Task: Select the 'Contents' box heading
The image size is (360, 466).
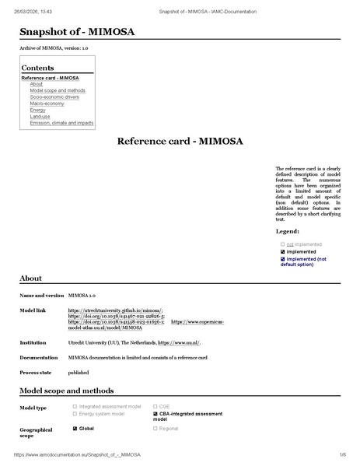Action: tap(37, 68)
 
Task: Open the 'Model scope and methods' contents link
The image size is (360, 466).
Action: tap(58, 90)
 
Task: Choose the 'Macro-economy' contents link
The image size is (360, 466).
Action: tap(46, 103)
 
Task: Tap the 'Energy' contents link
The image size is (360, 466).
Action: tap(37, 110)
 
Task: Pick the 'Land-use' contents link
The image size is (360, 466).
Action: tap(40, 116)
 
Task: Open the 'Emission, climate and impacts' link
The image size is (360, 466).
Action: tap(61, 123)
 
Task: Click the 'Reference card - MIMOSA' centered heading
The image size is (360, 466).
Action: tap(180, 142)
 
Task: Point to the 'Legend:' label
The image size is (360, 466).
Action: tap(288, 232)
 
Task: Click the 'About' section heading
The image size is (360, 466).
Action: tap(30, 278)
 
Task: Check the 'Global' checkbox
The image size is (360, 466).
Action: tap(75, 428)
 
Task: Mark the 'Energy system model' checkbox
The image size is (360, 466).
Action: tap(75, 414)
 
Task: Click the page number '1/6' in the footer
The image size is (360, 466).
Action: tap(341, 454)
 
